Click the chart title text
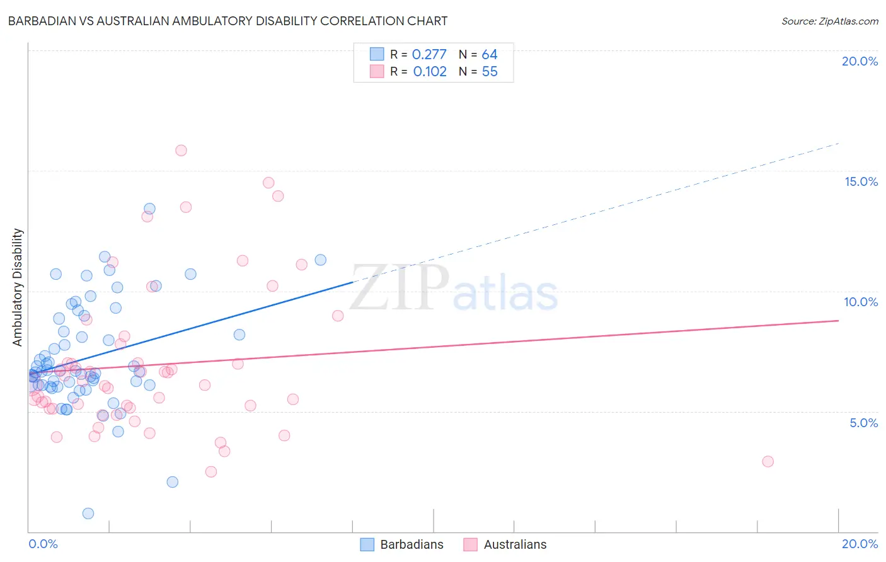pyautogui.click(x=227, y=21)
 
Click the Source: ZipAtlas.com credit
pyautogui.click(x=829, y=21)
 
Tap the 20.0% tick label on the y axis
pyautogui.click(x=860, y=61)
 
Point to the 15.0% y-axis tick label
pyautogui.click(x=861, y=181)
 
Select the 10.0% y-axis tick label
pyautogui.click(x=861, y=302)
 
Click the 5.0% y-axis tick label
pyautogui.click(x=863, y=423)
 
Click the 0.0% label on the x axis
pyautogui.click(x=43, y=544)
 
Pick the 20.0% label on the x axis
pyautogui.click(x=860, y=544)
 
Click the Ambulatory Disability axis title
pyautogui.click(x=18, y=287)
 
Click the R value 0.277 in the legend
pyautogui.click(x=429, y=55)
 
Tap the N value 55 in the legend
pyautogui.click(x=490, y=72)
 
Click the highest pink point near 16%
pyautogui.click(x=181, y=151)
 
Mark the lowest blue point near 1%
pyautogui.click(x=88, y=513)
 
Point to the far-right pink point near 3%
pyautogui.click(x=768, y=461)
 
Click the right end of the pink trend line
pyautogui.click(x=838, y=321)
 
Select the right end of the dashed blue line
pyautogui.click(x=838, y=144)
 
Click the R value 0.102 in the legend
pyautogui.click(x=430, y=72)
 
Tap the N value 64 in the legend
pyautogui.click(x=490, y=55)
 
